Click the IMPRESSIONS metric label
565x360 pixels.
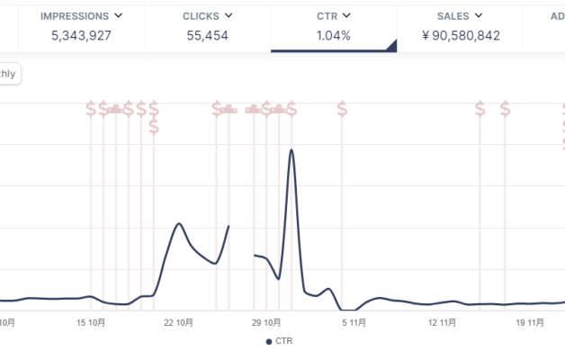click(75, 16)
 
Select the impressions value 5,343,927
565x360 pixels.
click(81, 36)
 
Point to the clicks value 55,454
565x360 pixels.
click(207, 36)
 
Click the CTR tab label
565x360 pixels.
click(327, 16)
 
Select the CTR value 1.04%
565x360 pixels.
click(333, 36)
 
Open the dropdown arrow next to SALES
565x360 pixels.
click(479, 16)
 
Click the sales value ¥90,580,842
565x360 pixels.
click(460, 36)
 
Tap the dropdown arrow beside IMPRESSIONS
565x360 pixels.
click(118, 16)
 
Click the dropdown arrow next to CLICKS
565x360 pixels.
click(229, 16)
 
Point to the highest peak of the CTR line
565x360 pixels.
click(291, 149)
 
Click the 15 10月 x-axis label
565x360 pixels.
click(91, 321)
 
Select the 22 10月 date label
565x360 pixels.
click(180, 321)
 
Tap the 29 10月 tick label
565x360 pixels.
click(268, 321)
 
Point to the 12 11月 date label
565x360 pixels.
click(444, 321)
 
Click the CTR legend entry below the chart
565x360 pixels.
click(279, 341)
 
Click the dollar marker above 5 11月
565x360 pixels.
click(342, 109)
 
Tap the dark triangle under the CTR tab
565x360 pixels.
click(390, 47)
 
